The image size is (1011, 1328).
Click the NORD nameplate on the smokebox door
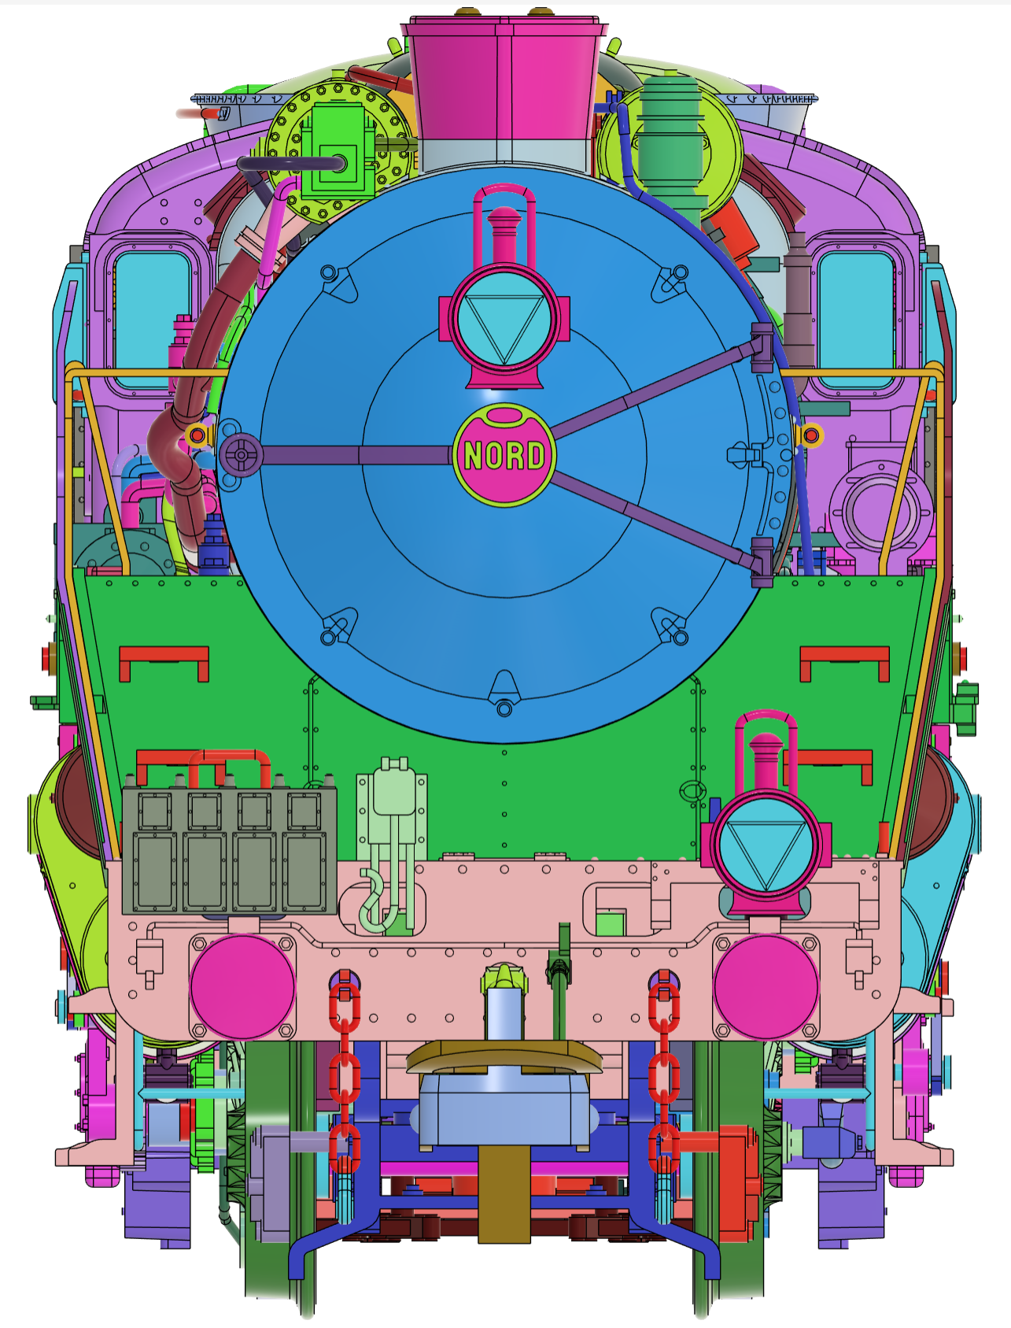click(504, 454)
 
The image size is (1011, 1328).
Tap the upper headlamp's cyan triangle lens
click(504, 318)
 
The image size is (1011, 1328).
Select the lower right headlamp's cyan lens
click(766, 844)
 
